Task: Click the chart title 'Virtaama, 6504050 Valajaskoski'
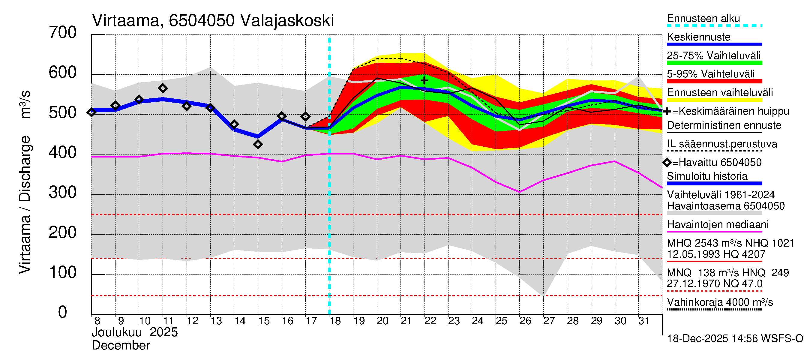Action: coord(213,21)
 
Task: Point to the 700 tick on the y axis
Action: coord(63,33)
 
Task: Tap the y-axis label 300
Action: coord(63,192)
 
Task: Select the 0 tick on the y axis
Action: coord(63,312)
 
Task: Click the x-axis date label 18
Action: coord(335,321)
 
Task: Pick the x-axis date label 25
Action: coord(502,321)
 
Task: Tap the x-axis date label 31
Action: coord(644,321)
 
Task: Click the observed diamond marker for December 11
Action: coord(163,88)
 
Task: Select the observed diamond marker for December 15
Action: coord(258,145)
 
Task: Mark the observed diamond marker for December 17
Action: coord(305,117)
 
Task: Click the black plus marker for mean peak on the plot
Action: coord(424,80)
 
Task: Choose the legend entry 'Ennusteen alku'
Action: coord(703,19)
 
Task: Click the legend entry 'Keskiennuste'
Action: coord(698,37)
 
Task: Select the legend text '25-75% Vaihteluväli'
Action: coord(713,56)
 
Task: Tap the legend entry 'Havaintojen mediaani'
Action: coord(718,225)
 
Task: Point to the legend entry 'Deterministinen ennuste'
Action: coord(724,125)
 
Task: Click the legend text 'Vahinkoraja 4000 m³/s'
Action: coord(720,302)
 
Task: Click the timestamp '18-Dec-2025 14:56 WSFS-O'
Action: coord(735,339)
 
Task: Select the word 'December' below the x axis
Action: coord(121,346)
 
